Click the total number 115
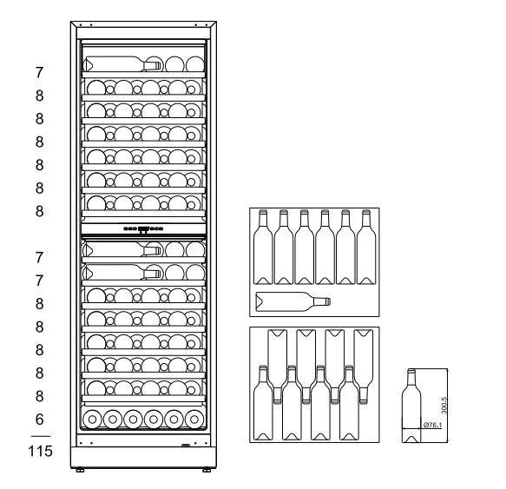click(40, 451)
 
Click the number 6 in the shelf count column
click(39, 420)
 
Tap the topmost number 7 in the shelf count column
click(39, 72)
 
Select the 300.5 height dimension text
click(444, 405)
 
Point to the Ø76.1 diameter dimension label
click(432, 425)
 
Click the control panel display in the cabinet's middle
click(143, 229)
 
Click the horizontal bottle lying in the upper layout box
click(293, 301)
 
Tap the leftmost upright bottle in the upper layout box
click(263, 247)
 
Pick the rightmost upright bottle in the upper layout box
click(366, 247)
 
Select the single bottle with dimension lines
click(411, 406)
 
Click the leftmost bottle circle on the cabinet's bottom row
click(92, 420)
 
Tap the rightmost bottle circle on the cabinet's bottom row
click(194, 420)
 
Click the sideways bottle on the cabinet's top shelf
click(122, 64)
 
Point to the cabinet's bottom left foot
click(80, 470)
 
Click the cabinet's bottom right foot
click(207, 470)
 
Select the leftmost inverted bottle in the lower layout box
click(278, 367)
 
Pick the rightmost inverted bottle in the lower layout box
click(364, 367)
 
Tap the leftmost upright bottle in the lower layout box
click(263, 403)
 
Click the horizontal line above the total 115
click(41, 436)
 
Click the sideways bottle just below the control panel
click(122, 249)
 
